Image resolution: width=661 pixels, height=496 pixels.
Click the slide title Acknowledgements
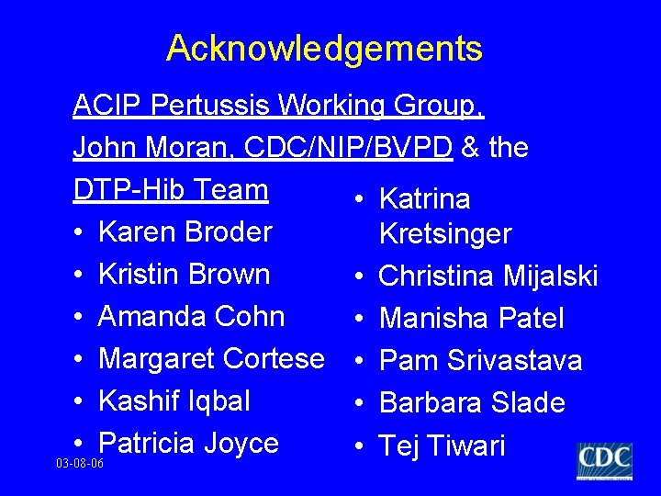point(324,48)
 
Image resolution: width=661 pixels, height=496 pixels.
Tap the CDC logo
point(604,460)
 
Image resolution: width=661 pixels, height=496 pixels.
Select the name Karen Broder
point(185,231)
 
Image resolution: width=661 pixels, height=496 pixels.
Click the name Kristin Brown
point(184,274)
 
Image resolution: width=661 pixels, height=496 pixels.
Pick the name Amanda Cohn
point(191,316)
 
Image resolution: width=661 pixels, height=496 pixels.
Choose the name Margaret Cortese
point(211,358)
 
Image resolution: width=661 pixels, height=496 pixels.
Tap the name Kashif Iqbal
point(174,400)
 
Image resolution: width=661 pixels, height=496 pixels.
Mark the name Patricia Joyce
point(188,443)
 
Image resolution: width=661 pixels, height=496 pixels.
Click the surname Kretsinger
point(444,234)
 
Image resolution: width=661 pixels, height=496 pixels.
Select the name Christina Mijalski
point(488,276)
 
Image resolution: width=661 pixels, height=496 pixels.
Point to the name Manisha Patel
point(471,319)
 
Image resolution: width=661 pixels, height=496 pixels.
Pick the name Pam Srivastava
point(480,361)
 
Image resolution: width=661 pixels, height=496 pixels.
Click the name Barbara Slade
point(472,403)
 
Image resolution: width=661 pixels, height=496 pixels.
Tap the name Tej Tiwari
point(442,446)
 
